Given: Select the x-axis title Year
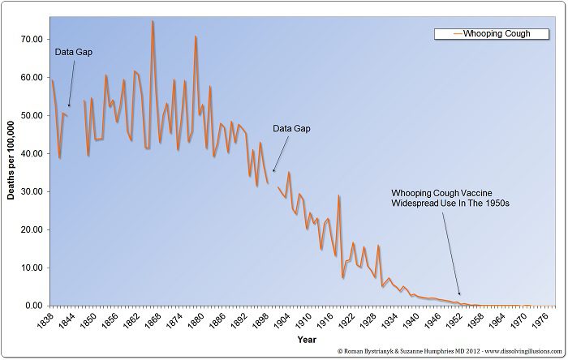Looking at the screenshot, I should point(307,339).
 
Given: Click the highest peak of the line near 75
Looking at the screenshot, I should point(153,22).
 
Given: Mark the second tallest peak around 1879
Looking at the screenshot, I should point(196,37).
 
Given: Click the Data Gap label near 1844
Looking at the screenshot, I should point(73,52).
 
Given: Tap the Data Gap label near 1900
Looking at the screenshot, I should point(291,128).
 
